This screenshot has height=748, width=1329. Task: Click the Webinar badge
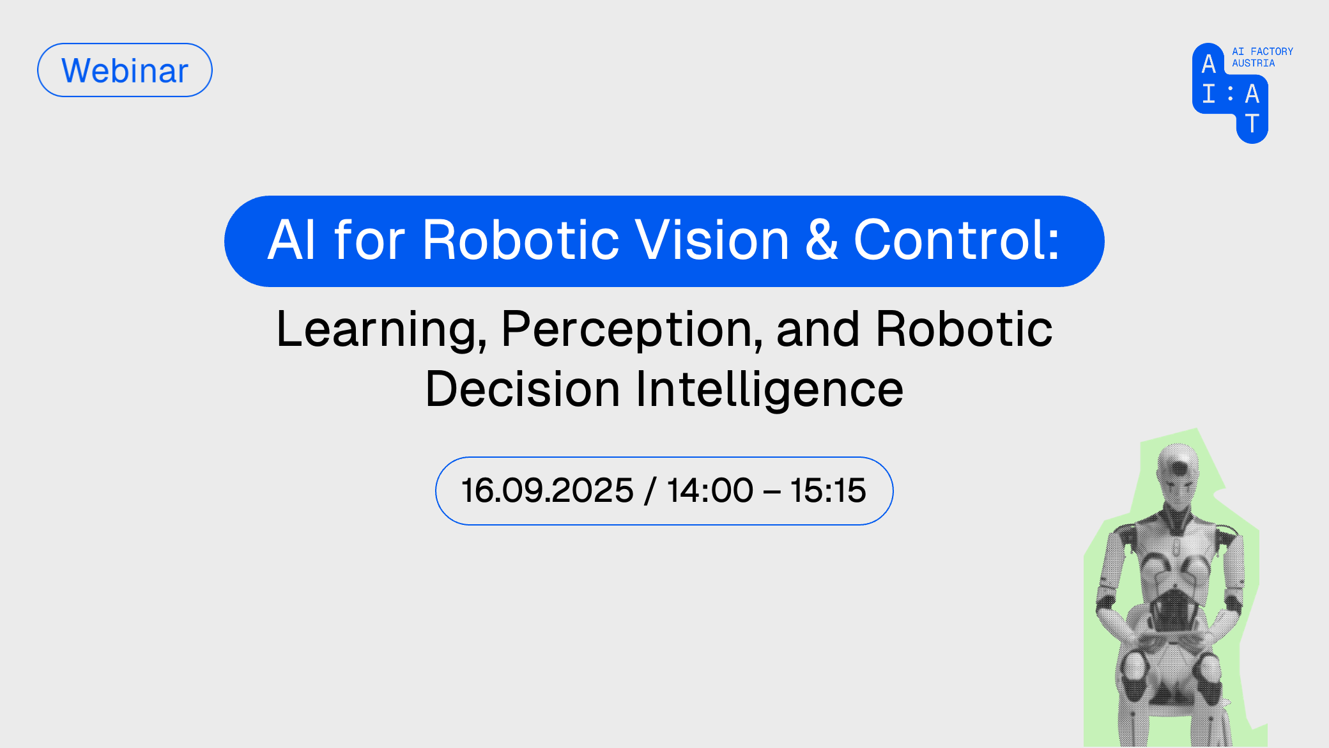point(125,70)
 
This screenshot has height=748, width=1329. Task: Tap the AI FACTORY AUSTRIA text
point(1263,57)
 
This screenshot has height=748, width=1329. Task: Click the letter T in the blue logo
point(1252,123)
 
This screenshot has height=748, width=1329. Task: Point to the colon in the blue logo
point(1230,94)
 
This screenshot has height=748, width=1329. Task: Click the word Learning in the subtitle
point(381,331)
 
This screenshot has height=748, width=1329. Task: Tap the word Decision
point(523,389)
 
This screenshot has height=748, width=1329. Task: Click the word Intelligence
point(769,390)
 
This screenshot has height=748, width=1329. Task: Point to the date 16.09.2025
point(548,490)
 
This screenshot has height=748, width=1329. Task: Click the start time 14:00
point(710,490)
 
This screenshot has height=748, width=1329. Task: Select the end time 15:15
point(828,490)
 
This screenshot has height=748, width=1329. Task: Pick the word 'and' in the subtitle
point(818,329)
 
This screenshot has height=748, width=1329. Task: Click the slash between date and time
point(650,490)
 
